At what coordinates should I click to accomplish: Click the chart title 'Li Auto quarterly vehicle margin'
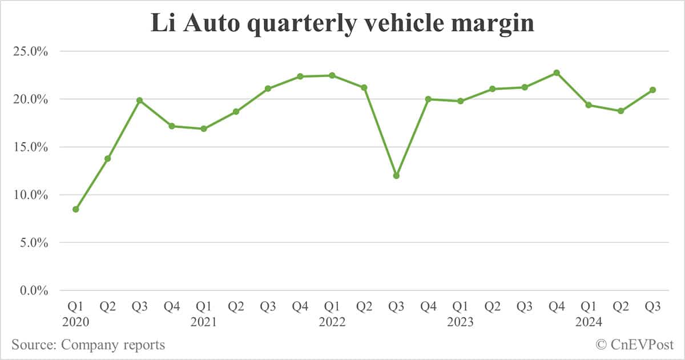(342, 24)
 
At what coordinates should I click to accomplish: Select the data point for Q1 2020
(75, 209)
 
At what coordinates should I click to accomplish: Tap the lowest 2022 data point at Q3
(396, 176)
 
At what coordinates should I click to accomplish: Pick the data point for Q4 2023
(557, 73)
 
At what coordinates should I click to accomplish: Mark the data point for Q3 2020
(140, 100)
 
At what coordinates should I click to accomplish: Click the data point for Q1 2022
(332, 75)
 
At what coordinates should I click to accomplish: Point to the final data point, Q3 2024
(652, 90)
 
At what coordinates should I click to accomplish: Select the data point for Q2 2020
(107, 159)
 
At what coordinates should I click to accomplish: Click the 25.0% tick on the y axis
(29, 51)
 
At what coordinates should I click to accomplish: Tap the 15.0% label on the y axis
(29, 147)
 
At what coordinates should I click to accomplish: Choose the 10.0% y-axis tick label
(29, 195)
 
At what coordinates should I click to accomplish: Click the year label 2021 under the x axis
(204, 322)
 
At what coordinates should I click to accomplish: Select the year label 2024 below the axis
(589, 322)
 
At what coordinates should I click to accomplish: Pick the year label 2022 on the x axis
(332, 322)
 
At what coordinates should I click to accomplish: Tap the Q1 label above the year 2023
(460, 307)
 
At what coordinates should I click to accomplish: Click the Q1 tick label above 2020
(75, 307)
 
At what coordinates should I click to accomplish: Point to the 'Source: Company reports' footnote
(88, 345)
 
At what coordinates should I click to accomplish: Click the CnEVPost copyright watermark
(634, 345)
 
